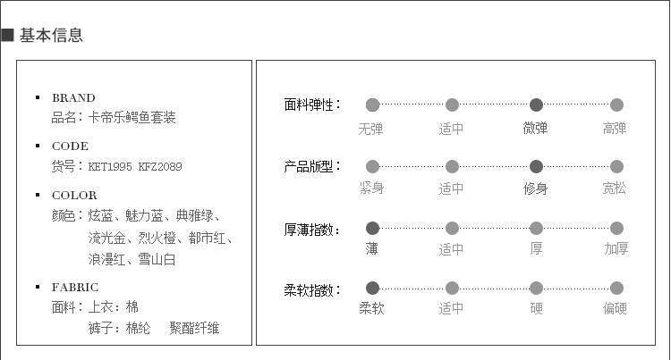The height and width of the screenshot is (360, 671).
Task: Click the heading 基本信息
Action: (x=51, y=36)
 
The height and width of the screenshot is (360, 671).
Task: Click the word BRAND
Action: (x=73, y=97)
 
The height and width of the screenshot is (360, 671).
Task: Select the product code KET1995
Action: (x=110, y=166)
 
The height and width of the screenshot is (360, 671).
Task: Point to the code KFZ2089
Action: (x=160, y=166)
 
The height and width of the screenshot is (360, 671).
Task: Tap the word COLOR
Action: (x=74, y=195)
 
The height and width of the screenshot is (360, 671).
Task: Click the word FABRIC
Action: (x=75, y=288)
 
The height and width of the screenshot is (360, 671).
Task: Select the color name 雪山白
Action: (x=157, y=260)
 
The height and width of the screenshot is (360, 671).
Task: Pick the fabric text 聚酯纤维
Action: (x=194, y=329)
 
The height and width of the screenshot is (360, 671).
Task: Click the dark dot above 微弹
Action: (x=536, y=105)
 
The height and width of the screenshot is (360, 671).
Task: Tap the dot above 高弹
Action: (x=616, y=105)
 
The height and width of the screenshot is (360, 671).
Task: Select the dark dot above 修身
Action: (x=536, y=166)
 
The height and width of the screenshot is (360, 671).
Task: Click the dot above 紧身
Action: (x=372, y=166)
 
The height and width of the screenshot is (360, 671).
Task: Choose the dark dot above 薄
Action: (x=372, y=228)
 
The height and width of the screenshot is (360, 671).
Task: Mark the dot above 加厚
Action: (x=616, y=228)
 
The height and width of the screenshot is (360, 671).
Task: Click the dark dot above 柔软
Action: (x=372, y=288)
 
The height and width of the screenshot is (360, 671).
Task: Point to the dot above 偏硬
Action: (x=616, y=288)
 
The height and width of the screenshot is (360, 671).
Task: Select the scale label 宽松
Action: (x=616, y=188)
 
